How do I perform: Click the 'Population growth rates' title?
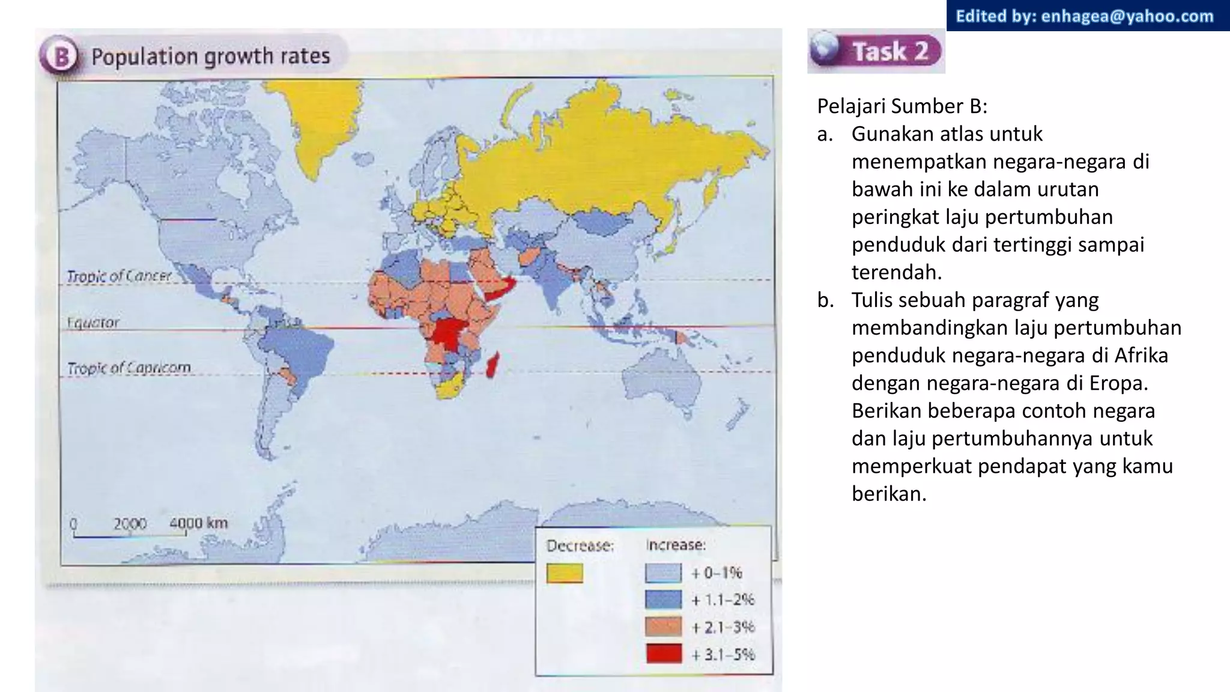point(210,56)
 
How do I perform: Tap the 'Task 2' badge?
point(876,50)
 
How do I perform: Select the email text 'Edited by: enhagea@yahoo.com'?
point(1085,16)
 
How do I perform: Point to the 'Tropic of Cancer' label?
point(119,276)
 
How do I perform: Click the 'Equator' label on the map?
point(93,323)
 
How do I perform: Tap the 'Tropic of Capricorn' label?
point(129,368)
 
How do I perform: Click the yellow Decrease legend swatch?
point(565,573)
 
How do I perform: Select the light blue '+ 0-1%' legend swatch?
point(663,573)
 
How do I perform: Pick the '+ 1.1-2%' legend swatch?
point(663,599)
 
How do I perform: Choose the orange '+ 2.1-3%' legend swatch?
point(663,627)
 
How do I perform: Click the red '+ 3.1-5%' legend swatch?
point(663,654)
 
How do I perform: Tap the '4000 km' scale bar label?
point(198,523)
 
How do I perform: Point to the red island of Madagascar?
point(492,365)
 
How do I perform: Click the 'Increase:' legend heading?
point(676,545)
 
